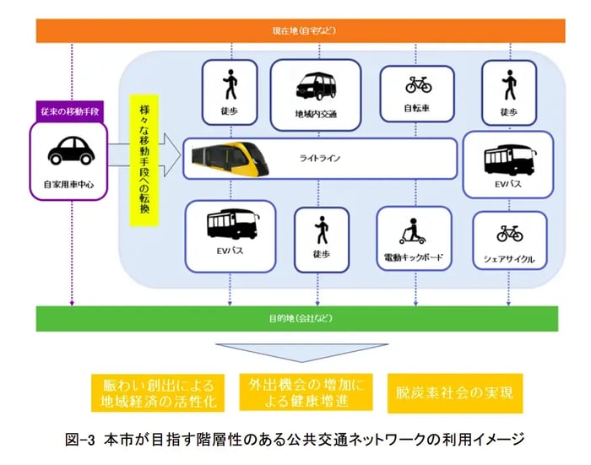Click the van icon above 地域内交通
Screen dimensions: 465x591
tap(316, 85)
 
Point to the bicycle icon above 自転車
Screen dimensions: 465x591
tap(419, 84)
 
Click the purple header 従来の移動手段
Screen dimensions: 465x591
tap(70, 111)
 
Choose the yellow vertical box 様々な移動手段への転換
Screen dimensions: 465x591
tap(144, 160)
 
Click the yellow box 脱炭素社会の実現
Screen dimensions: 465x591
tap(454, 392)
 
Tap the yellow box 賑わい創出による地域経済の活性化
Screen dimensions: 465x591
tap(158, 392)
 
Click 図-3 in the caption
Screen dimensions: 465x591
tap(83, 440)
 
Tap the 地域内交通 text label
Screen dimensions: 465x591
tap(316, 114)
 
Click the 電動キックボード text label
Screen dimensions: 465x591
tap(412, 257)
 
